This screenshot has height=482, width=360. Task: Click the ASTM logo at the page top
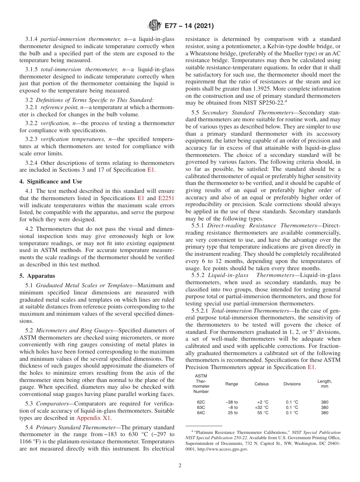click(154, 26)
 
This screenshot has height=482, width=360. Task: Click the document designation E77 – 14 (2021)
click(189, 26)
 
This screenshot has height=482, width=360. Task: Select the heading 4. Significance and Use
click(50, 182)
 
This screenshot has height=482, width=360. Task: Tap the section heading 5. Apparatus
click(37, 276)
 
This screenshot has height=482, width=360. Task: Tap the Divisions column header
click(292, 384)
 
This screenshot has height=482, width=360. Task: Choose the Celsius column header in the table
click(261, 384)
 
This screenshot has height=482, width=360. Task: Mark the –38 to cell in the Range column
click(231, 402)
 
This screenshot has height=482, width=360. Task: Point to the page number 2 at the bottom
click(180, 466)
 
